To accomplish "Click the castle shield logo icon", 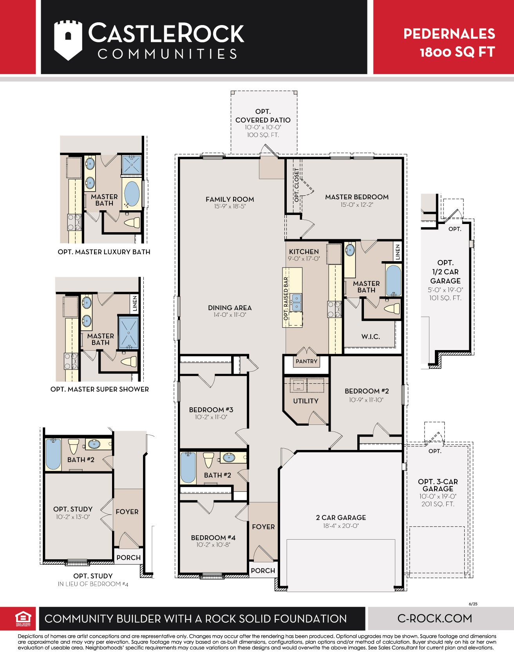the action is [68, 40].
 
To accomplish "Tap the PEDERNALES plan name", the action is [449, 34].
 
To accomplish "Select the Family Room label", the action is [230, 199].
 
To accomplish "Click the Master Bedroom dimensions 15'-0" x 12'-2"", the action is [357, 205].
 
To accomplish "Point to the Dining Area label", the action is [230, 308].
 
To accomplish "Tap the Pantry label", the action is [306, 361].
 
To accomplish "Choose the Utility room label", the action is [306, 401].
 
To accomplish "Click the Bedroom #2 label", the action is [367, 391].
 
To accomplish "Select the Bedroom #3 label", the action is [211, 410].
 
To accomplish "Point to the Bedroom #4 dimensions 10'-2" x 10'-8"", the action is [213, 545].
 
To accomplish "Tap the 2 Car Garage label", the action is [341, 518].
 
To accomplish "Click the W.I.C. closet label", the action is [371, 337].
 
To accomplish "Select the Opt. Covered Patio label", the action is [263, 116].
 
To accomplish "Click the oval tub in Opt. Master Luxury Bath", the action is [132, 193].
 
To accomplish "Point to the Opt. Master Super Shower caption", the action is [100, 389].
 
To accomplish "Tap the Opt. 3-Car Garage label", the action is [438, 485].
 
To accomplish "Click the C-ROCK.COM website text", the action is [435, 618].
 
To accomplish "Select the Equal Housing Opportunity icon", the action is [23, 619].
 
